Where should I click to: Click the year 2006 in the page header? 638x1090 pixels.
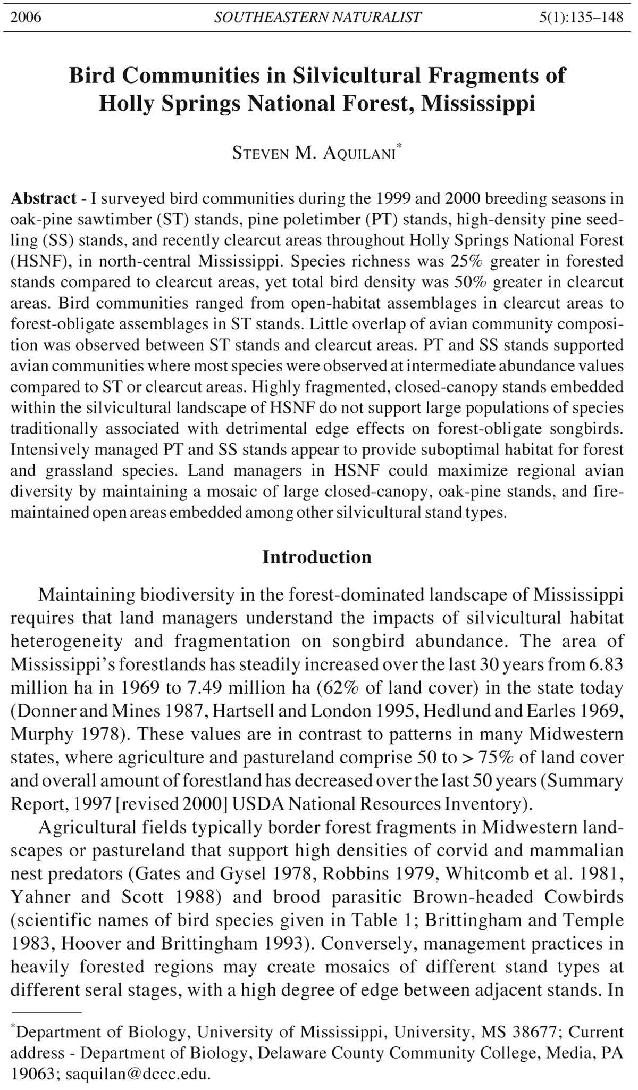click(x=26, y=18)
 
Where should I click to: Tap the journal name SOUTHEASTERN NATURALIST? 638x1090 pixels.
click(x=318, y=18)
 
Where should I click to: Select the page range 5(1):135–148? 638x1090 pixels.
click(x=581, y=18)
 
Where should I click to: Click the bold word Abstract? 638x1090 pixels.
click(x=44, y=198)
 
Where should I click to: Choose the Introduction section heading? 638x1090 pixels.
click(x=317, y=557)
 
